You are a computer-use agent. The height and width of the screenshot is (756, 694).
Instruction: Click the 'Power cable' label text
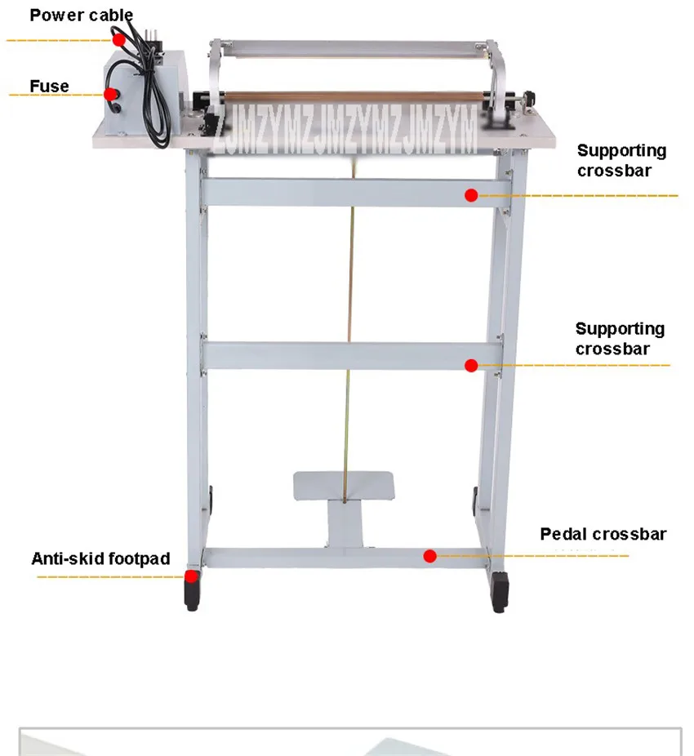tap(81, 15)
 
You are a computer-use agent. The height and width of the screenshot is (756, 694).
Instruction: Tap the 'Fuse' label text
tap(49, 87)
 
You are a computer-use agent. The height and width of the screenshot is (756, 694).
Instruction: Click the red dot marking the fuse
tap(111, 94)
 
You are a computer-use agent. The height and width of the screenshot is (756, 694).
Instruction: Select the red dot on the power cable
tap(119, 39)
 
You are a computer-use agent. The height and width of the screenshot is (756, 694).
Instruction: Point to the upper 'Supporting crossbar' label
tap(621, 160)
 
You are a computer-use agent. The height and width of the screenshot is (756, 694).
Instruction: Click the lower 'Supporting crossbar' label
tap(620, 339)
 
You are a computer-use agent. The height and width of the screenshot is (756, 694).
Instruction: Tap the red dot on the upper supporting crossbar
tap(471, 195)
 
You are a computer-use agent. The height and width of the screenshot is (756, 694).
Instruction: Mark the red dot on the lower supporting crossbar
tap(471, 366)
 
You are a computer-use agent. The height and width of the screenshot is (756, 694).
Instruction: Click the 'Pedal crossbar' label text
tap(603, 534)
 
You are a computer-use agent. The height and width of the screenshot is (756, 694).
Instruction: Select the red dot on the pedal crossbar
tap(429, 556)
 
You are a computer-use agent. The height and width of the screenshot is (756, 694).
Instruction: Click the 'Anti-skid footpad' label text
tap(100, 558)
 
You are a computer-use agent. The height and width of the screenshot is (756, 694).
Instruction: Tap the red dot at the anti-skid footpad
tap(192, 576)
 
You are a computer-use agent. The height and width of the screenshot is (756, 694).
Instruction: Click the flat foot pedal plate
tap(344, 486)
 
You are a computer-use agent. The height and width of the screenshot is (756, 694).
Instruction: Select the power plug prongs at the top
tap(151, 36)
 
